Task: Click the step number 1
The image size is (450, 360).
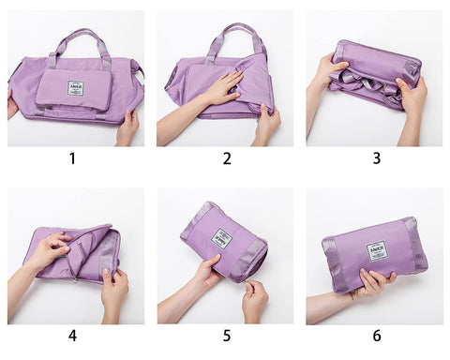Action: pos(72,158)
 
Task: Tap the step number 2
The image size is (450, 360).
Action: pos(227,158)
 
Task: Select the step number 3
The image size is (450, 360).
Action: pos(377,158)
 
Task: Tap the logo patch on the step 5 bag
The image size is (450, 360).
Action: pos(222,238)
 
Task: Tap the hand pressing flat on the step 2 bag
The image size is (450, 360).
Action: pos(221,89)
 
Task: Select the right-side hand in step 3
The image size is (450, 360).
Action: pos(412,94)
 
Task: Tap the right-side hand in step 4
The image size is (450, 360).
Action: pos(113,286)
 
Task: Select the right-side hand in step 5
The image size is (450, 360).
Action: pos(253,295)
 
